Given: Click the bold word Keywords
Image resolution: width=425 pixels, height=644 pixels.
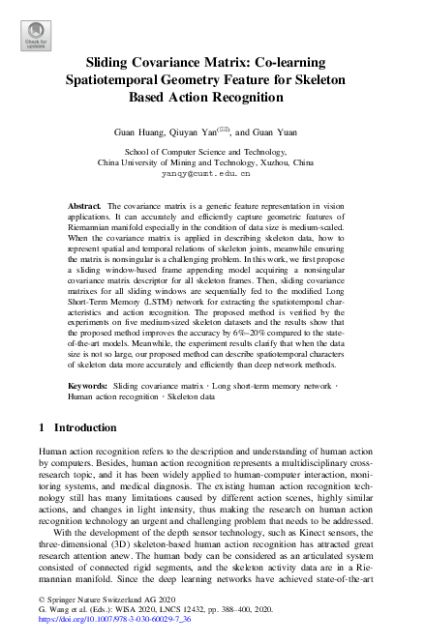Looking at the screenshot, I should click(x=88, y=412).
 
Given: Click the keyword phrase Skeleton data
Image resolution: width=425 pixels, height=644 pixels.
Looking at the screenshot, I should click(x=193, y=424).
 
